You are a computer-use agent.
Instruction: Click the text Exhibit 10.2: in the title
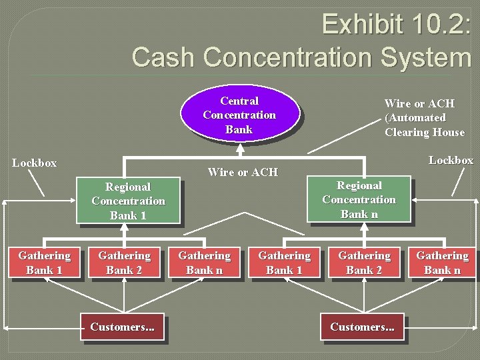click(396, 25)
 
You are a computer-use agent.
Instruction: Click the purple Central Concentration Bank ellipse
click(239, 115)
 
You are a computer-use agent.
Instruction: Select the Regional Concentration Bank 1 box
click(128, 201)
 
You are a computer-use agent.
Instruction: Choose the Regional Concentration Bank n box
click(359, 199)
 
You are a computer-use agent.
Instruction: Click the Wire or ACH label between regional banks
click(243, 172)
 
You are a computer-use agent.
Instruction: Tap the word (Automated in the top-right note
click(415, 117)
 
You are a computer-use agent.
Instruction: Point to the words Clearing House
click(424, 132)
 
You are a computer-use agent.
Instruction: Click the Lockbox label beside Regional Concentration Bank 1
click(34, 163)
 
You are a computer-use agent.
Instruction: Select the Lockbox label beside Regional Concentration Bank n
click(451, 160)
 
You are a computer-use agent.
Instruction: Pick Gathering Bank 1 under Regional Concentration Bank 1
click(44, 263)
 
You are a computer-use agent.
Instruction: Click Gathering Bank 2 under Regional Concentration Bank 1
click(124, 263)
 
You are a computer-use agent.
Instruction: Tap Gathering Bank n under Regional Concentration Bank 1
click(204, 263)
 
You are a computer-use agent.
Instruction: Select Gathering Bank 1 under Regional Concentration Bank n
click(284, 263)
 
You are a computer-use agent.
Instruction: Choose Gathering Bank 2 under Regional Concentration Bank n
click(364, 263)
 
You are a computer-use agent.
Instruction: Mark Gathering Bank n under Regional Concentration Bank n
click(443, 263)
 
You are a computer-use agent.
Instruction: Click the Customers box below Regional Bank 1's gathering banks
click(122, 327)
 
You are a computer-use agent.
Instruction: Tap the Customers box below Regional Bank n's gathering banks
click(362, 327)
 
